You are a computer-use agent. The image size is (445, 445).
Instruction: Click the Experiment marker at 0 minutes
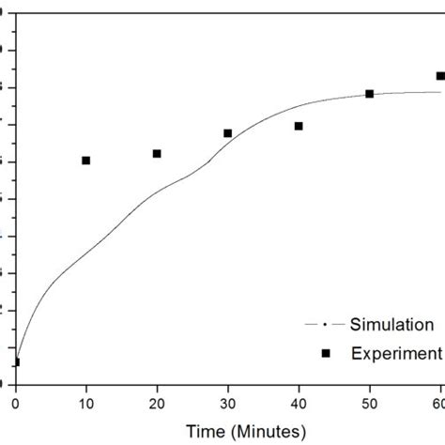(x=15, y=361)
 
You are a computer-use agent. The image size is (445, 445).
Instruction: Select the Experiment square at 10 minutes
(x=86, y=161)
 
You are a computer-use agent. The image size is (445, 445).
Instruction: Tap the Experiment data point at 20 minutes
(x=157, y=153)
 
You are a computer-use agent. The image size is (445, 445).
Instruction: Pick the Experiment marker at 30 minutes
(x=228, y=133)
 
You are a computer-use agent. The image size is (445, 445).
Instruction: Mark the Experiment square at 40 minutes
(x=299, y=126)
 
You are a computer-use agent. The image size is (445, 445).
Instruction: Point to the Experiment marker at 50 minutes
(x=369, y=94)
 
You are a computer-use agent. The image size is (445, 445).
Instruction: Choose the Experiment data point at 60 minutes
(x=439, y=76)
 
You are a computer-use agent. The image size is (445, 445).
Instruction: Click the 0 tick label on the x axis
(x=15, y=402)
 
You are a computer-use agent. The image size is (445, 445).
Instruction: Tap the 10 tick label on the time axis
(x=86, y=402)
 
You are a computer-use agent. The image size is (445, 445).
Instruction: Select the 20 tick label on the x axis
(x=157, y=402)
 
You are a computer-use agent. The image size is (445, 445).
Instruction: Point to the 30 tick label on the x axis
(x=228, y=402)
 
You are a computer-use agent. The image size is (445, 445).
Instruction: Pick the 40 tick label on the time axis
(x=299, y=402)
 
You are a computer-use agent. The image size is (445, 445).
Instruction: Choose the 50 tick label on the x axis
(x=369, y=402)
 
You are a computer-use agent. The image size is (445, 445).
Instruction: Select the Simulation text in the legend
(x=391, y=325)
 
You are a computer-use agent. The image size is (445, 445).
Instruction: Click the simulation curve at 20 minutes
(x=157, y=192)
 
